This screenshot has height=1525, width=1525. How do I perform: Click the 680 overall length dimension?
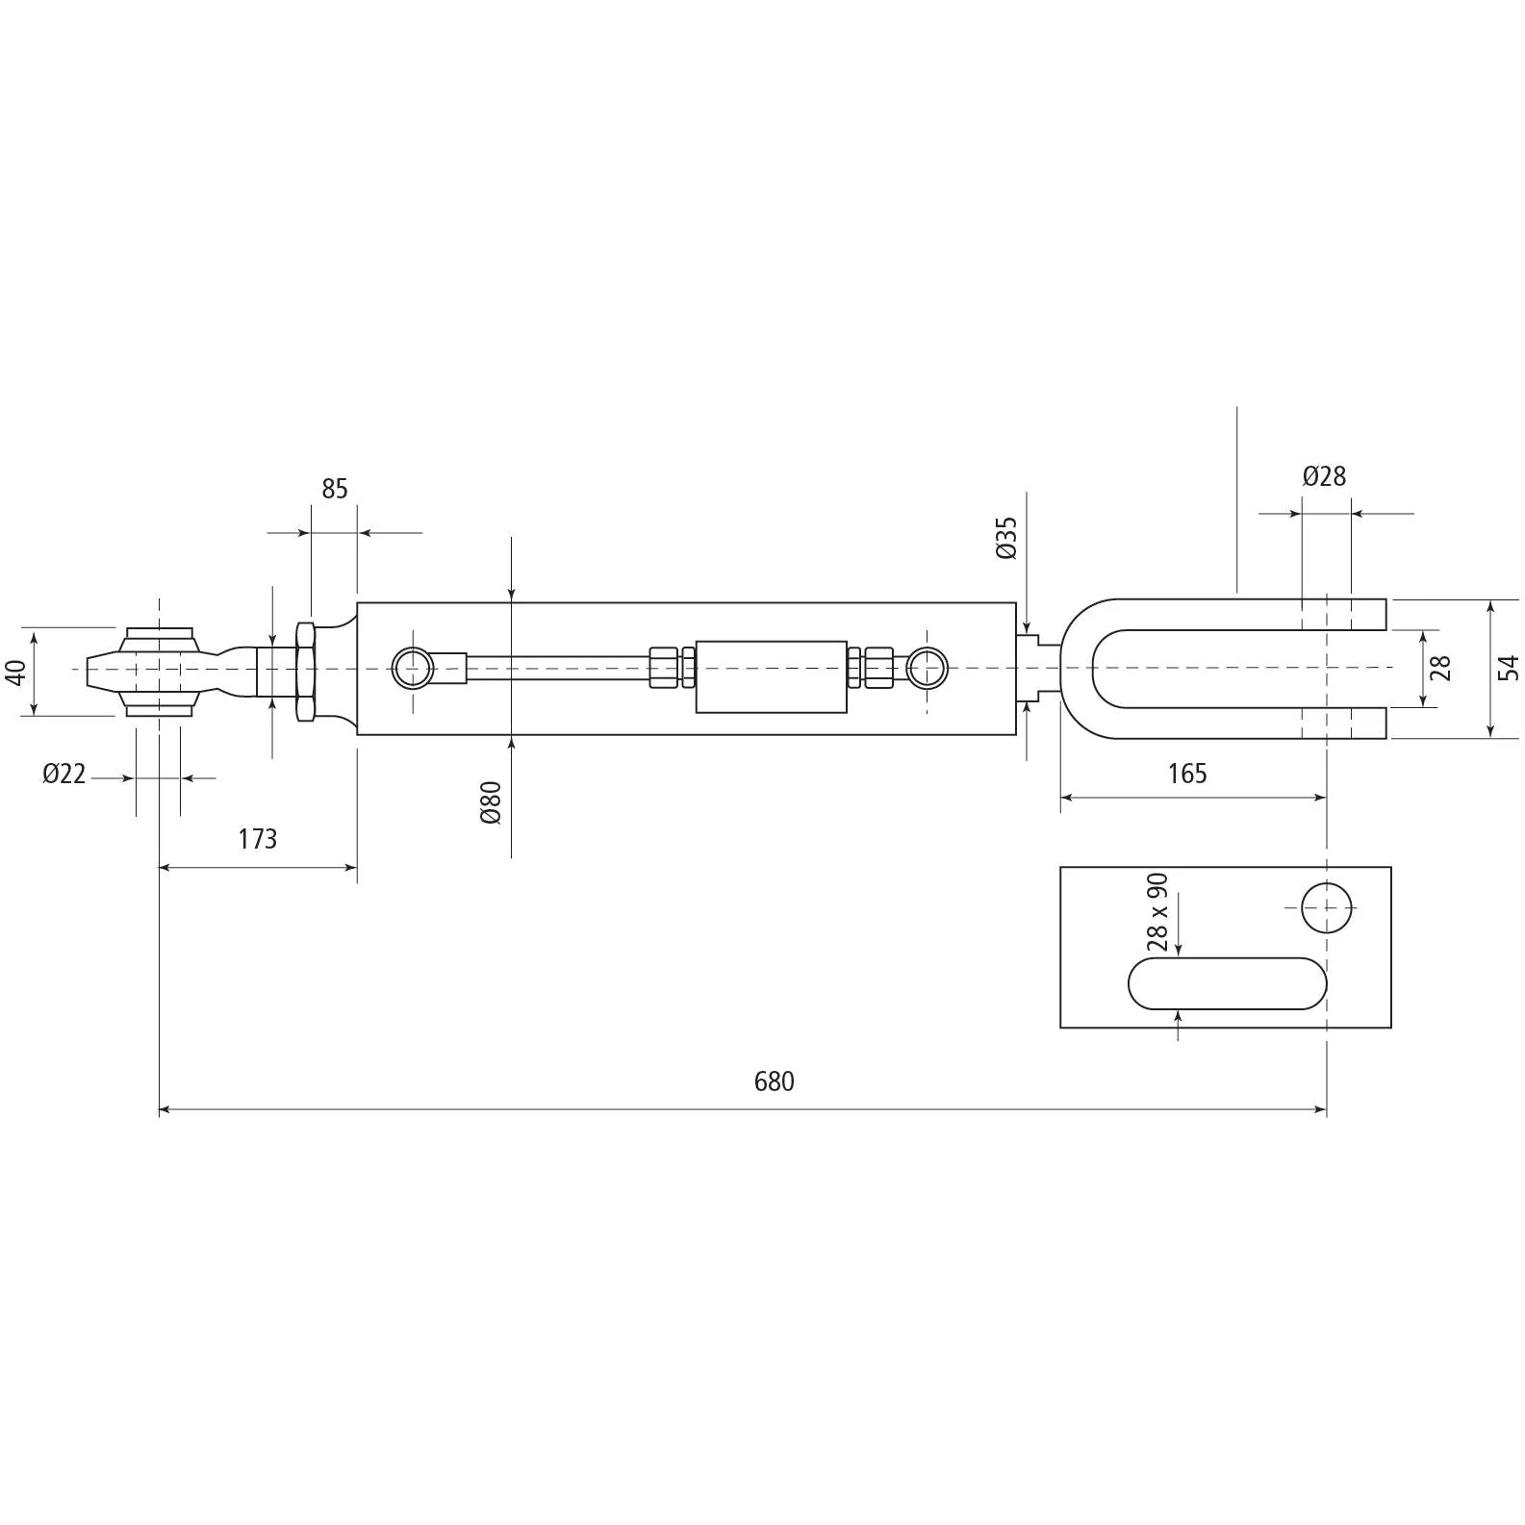click(774, 1081)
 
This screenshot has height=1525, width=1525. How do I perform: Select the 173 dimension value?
click(258, 839)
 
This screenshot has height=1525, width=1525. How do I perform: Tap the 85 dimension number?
click(334, 489)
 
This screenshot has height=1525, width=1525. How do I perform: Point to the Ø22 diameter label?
click(64, 774)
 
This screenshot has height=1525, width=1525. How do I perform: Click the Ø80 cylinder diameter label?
click(491, 802)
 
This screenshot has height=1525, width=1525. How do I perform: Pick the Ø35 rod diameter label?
click(1006, 538)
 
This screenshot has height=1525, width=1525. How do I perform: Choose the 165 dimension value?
click(1187, 774)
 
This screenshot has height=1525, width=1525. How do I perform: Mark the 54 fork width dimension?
click(1508, 668)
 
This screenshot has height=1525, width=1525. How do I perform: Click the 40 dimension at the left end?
click(16, 673)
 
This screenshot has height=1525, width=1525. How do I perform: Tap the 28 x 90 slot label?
click(1157, 911)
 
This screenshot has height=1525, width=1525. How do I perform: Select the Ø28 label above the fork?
click(1324, 475)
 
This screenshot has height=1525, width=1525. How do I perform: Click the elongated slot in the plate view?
click(1228, 983)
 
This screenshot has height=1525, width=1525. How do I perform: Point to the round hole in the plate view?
click(1327, 907)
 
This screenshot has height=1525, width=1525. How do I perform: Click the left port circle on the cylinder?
click(413, 668)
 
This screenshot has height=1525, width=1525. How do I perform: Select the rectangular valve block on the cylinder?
click(771, 676)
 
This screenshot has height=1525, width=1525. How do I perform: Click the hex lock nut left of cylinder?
click(305, 672)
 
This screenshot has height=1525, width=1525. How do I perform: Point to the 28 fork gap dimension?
click(1440, 668)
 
